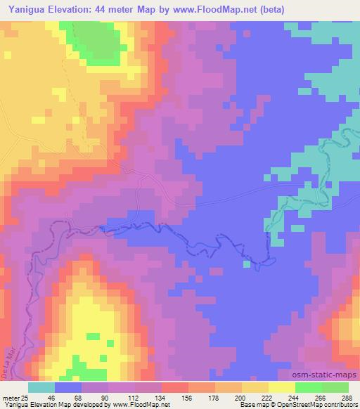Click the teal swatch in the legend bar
41,387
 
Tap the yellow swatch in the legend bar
281,387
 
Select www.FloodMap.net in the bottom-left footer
137,405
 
